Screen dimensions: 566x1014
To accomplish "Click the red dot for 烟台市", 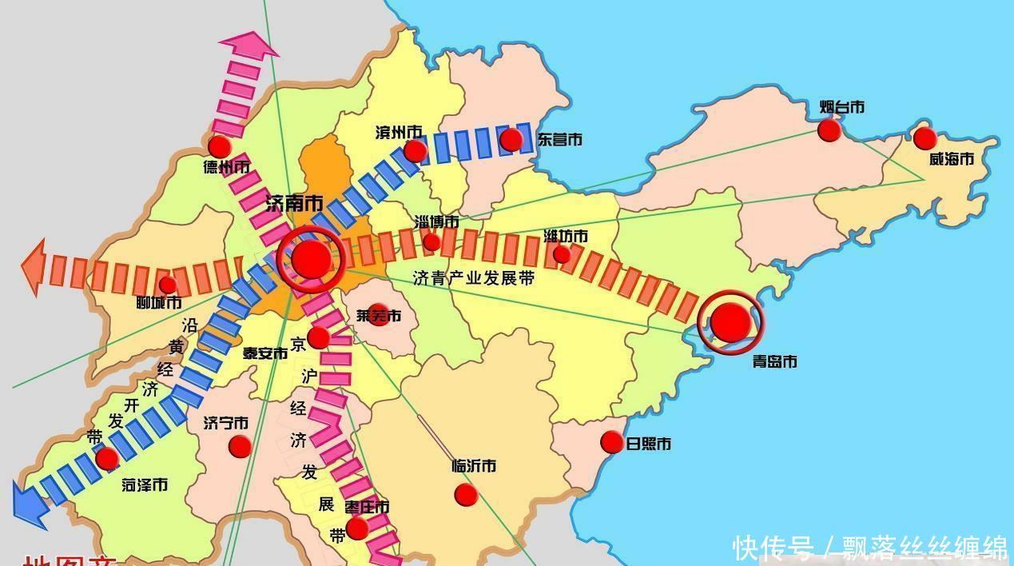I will point(829,130).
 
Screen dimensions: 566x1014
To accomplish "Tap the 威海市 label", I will point(951,159).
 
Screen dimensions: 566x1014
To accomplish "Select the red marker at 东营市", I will point(511,140).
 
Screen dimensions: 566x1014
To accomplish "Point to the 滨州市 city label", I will point(399,132).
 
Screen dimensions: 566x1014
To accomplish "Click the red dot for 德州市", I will point(219,146).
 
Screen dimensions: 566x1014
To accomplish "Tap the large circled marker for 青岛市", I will point(730,322).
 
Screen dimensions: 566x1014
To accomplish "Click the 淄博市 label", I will point(437,221).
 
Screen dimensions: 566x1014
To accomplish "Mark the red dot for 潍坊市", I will point(562,254).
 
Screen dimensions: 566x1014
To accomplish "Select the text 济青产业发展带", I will point(474,278).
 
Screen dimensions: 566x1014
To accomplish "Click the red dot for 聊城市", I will point(168,285).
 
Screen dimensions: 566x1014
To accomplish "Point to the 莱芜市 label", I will point(379,316).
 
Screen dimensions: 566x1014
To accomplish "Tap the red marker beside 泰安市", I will point(318,337).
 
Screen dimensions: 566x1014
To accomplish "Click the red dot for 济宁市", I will point(240,446).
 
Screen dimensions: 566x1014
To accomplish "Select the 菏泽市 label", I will point(145,484).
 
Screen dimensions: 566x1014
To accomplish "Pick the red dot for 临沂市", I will point(466,494).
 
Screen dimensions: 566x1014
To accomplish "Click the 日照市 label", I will point(648,444).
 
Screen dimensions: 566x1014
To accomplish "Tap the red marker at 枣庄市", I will point(357,528).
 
